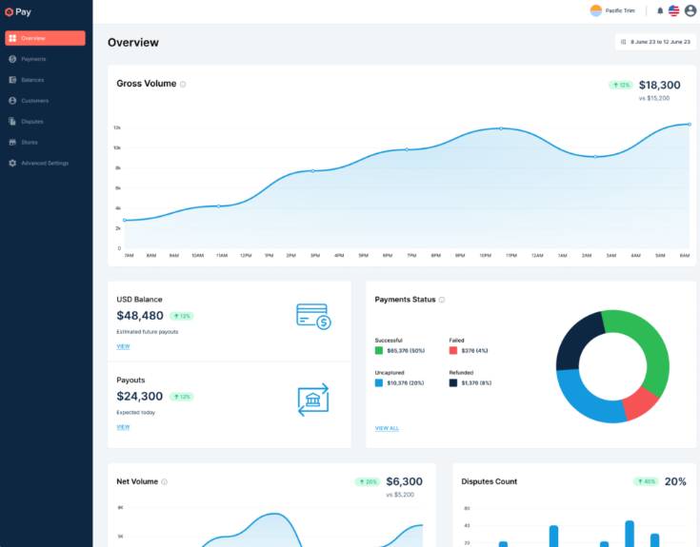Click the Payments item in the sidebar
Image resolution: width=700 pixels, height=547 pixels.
point(33,59)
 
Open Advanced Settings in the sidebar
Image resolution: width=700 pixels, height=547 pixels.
point(45,163)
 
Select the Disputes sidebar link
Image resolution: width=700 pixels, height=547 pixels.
point(31,121)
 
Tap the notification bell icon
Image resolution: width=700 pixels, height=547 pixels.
point(660,10)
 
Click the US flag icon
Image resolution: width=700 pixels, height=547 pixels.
point(674,10)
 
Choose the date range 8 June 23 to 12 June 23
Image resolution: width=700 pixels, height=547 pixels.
point(655,42)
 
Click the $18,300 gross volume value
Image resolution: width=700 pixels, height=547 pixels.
point(659,85)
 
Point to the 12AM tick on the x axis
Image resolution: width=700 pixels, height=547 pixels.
point(537,255)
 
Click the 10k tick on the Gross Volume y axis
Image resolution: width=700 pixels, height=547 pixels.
point(117,147)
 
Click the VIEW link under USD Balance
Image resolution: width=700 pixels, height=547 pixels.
point(123,346)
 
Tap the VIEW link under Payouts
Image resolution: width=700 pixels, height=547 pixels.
point(123,427)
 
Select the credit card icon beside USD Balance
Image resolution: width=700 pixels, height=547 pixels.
point(312,316)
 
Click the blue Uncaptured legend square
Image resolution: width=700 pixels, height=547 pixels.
point(379,382)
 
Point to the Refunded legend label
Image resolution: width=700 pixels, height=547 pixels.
point(462,372)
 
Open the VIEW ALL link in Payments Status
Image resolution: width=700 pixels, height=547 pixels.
point(387,428)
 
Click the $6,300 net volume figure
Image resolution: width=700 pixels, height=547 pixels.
point(404,481)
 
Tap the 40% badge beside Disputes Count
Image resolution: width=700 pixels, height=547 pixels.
point(646,481)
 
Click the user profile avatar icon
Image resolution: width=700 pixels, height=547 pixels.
point(690,10)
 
